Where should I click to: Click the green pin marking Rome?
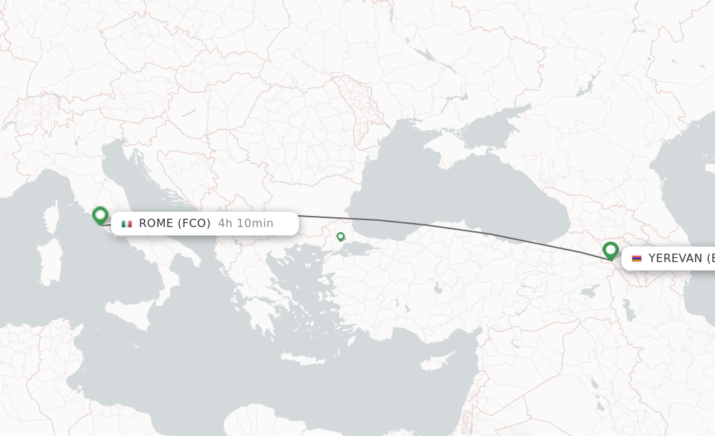(x=100, y=215)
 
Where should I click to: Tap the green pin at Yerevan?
(x=610, y=250)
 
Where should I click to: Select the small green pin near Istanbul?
(x=341, y=237)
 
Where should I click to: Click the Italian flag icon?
(x=126, y=224)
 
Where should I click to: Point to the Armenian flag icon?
(x=636, y=259)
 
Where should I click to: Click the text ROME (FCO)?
(x=175, y=224)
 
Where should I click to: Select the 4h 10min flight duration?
(x=246, y=224)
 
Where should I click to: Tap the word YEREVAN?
(x=675, y=259)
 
